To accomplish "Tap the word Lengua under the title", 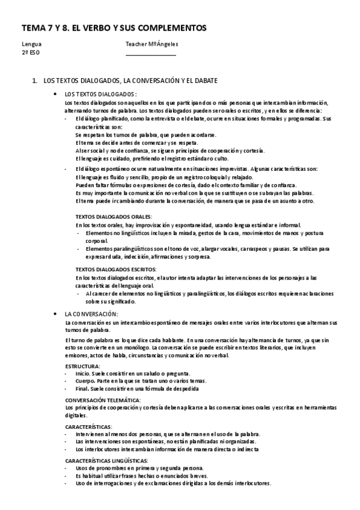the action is (x=32, y=44).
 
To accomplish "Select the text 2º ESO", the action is (x=30, y=52).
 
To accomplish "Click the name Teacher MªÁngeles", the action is (x=152, y=44).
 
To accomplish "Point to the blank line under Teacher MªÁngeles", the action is (x=151, y=55).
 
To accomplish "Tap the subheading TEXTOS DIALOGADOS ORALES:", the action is (x=114, y=216).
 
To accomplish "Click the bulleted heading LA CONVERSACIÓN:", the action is (x=91, y=314).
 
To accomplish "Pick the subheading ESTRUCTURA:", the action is (x=83, y=366).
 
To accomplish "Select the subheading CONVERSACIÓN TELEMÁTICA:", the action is (x=103, y=400).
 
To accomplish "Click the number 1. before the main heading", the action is (x=35, y=80).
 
